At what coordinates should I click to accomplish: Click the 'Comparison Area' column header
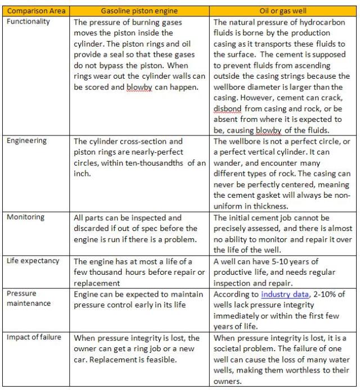tap(37, 11)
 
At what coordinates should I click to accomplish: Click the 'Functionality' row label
tap(29, 21)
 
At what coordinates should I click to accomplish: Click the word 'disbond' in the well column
tap(227, 109)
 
